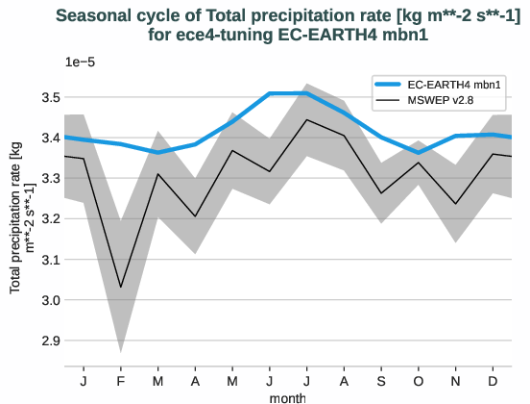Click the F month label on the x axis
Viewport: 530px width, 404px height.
(x=121, y=381)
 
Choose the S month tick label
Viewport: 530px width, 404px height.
(x=382, y=381)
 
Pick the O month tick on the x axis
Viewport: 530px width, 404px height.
(x=419, y=381)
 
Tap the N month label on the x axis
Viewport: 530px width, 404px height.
(x=456, y=381)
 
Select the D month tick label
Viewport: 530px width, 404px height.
(x=494, y=381)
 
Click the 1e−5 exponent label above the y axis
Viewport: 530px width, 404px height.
(x=82, y=62)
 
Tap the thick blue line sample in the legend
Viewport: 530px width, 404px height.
(x=395, y=85)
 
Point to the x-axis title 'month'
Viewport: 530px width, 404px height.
(x=288, y=396)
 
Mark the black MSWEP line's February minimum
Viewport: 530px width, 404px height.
(x=121, y=287)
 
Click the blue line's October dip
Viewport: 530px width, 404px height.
(x=419, y=152)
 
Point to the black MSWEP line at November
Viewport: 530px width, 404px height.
(x=456, y=204)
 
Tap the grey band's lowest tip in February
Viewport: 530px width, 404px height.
(x=121, y=351)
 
